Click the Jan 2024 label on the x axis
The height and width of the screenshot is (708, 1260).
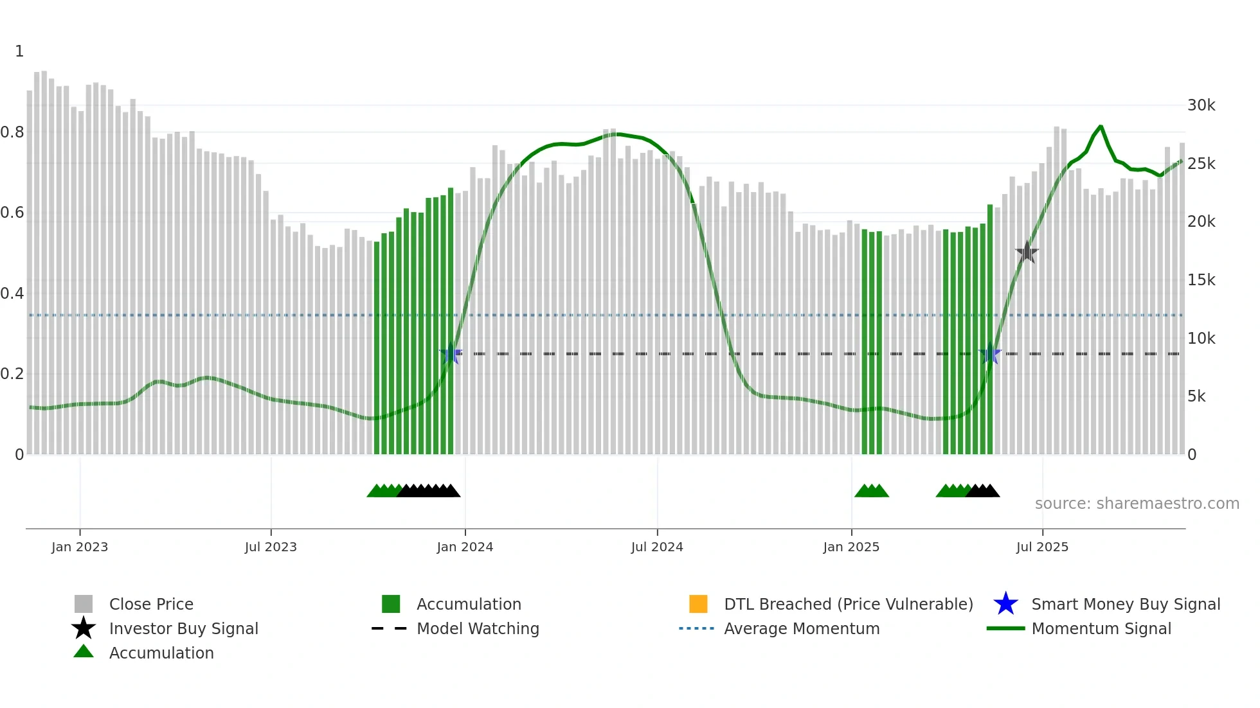click(465, 547)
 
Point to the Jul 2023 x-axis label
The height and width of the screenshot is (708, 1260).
click(271, 547)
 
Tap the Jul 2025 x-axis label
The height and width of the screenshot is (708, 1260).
click(1042, 547)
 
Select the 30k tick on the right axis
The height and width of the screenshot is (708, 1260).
click(1201, 105)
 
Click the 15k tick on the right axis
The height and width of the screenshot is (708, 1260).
click(1201, 279)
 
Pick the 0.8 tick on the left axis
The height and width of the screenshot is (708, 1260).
click(12, 132)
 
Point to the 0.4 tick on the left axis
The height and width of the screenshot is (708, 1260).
click(12, 294)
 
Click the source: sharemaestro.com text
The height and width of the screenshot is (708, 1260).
click(1137, 503)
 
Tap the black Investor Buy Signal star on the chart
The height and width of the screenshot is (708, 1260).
click(1027, 252)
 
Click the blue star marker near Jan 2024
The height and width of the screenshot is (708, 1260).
click(451, 354)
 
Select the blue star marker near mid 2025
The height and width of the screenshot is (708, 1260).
click(990, 354)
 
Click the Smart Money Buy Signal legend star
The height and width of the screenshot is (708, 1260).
click(1005, 604)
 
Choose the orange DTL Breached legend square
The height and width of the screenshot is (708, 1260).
click(698, 604)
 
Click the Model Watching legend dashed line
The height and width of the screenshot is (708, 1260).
click(389, 628)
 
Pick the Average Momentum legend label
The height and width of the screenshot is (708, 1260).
click(802, 628)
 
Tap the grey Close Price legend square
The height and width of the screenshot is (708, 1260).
click(84, 604)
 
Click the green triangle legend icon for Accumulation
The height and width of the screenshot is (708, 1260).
click(84, 651)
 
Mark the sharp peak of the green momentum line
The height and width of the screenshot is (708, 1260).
click(1101, 127)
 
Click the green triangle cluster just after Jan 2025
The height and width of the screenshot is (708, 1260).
click(871, 491)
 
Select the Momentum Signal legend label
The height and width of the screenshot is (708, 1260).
click(1101, 628)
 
